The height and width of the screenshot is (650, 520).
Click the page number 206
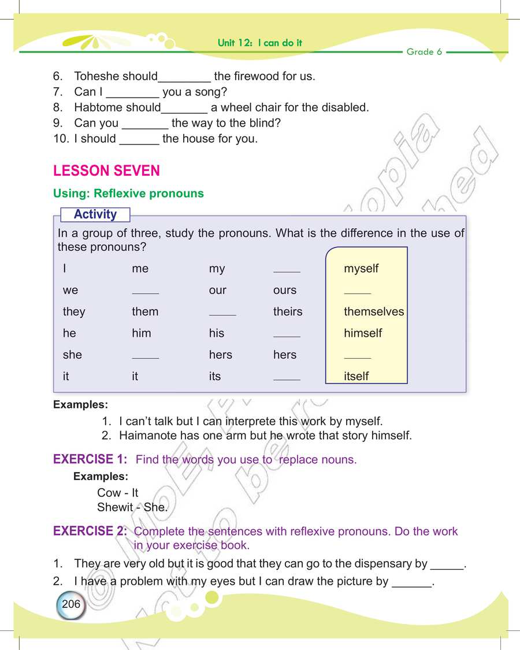tap(71, 604)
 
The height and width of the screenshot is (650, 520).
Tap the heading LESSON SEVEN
tap(106, 171)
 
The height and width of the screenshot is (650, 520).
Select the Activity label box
tap(95, 214)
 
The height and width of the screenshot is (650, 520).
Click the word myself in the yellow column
tap(361, 269)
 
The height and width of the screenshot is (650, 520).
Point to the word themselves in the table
tap(374, 312)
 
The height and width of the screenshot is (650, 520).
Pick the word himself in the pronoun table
tap(363, 333)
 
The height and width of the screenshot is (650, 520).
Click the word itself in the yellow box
tap(356, 376)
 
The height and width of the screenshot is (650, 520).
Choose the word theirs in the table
tap(288, 312)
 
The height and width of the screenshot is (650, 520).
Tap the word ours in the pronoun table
tap(285, 290)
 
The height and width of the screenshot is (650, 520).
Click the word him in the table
tap(142, 333)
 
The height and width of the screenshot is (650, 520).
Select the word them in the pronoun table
tap(145, 312)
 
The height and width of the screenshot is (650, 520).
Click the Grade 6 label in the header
tap(424, 52)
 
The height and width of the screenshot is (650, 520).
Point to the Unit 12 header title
tap(260, 43)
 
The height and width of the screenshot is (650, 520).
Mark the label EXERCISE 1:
tap(90, 459)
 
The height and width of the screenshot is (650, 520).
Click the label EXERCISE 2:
tap(90, 531)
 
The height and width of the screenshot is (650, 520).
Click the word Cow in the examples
tap(109, 493)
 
